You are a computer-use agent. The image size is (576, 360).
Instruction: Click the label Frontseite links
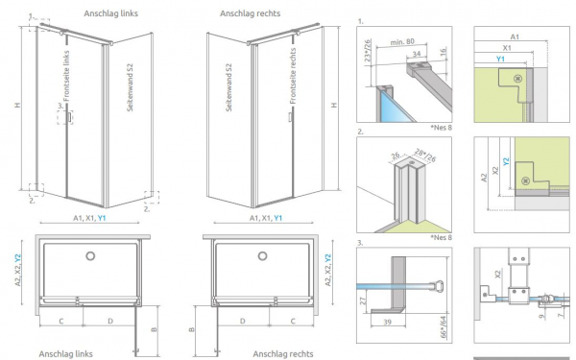pyautogui.click(x=66, y=76)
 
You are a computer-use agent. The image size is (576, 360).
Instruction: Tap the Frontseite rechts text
pyautogui.click(x=293, y=76)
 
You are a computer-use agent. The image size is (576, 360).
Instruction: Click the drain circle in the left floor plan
pyautogui.click(x=90, y=256)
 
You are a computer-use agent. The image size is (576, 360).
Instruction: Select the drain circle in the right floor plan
pyautogui.click(x=262, y=256)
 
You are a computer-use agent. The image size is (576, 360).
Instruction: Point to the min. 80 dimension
pyautogui.click(x=402, y=42)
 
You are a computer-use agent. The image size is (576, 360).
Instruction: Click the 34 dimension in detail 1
pyautogui.click(x=417, y=54)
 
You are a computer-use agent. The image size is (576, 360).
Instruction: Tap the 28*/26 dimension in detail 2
pyautogui.click(x=425, y=155)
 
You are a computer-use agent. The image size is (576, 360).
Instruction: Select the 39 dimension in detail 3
pyautogui.click(x=388, y=322)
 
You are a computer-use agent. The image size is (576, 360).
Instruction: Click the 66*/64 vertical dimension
pyautogui.click(x=444, y=326)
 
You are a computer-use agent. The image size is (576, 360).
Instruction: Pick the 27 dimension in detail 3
pyautogui.click(x=363, y=300)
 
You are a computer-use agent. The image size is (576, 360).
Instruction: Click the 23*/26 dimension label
pyautogui.click(x=368, y=53)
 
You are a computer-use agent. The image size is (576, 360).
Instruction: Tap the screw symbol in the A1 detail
pyautogui.click(x=518, y=79)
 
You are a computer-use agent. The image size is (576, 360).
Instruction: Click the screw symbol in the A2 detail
pyautogui.click(x=525, y=180)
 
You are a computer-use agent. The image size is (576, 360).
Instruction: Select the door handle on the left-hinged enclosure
pyautogui.click(x=69, y=117)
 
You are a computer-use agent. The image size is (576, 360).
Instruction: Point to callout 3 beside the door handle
pyautogui.click(x=60, y=107)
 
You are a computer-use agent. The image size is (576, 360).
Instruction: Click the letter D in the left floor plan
pyautogui.click(x=110, y=321)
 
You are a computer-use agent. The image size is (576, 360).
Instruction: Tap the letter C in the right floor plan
pyautogui.click(x=293, y=321)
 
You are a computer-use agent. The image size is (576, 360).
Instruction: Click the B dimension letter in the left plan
pyautogui.click(x=154, y=329)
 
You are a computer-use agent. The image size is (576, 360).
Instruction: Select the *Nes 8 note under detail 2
pyautogui.click(x=441, y=237)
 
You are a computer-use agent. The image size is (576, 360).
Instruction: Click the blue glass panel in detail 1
pyautogui.click(x=395, y=108)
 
